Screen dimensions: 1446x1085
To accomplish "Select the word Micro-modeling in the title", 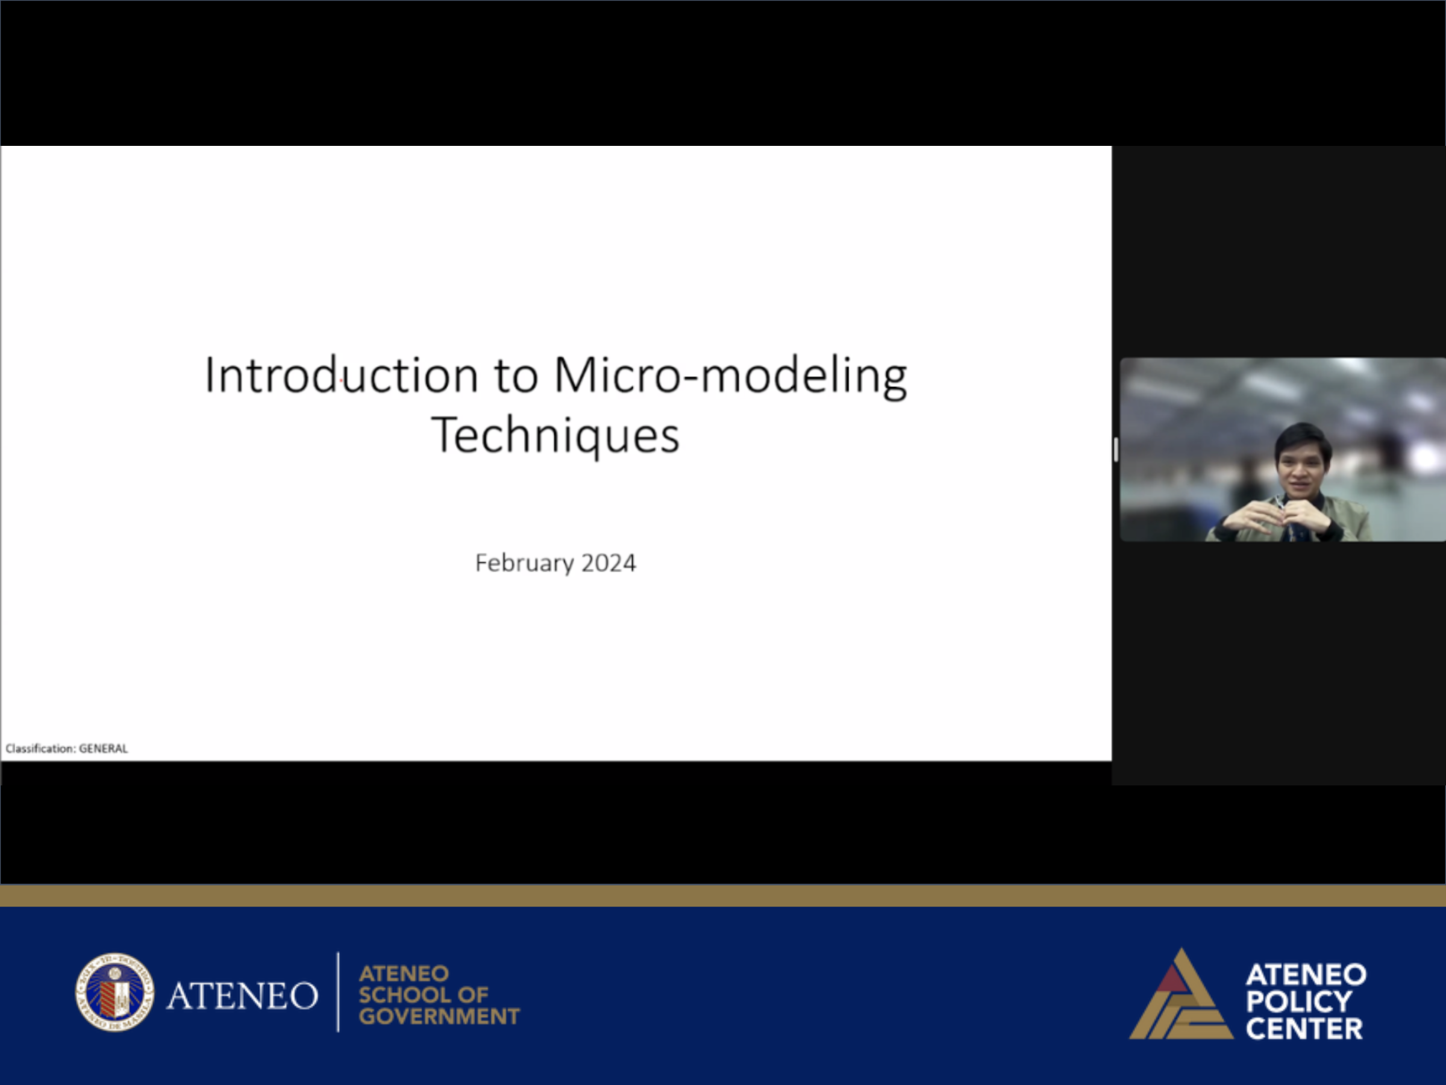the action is (x=731, y=376).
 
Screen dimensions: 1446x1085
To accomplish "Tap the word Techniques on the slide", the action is (x=556, y=436).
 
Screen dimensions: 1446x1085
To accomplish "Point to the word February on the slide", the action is (x=524, y=563).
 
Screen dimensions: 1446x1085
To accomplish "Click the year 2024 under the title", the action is (x=609, y=563).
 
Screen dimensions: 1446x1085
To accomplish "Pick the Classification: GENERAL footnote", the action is (x=67, y=748).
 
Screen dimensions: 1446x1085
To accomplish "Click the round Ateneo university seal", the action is (x=115, y=992).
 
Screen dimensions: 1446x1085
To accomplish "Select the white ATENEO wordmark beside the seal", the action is (x=242, y=995).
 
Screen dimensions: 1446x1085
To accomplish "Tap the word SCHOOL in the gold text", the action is (x=399, y=995).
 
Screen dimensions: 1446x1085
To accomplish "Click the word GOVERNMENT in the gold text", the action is (x=439, y=1016).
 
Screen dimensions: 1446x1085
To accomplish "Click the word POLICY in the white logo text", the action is (x=1298, y=1002).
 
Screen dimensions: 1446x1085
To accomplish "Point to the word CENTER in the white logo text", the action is (x=1304, y=1029).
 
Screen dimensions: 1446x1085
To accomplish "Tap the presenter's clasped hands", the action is (x=1278, y=517).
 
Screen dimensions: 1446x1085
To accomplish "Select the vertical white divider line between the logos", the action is (x=338, y=992).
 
